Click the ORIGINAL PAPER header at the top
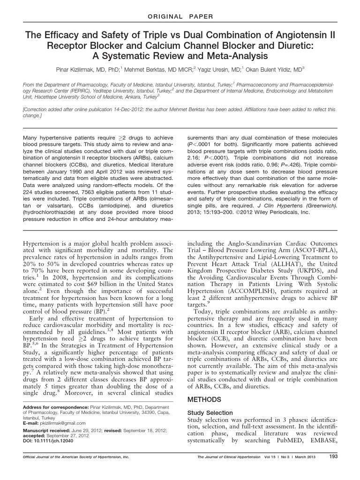coord(180,17)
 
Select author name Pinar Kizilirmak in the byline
coord(88,68)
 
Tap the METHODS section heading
coord(204,400)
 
